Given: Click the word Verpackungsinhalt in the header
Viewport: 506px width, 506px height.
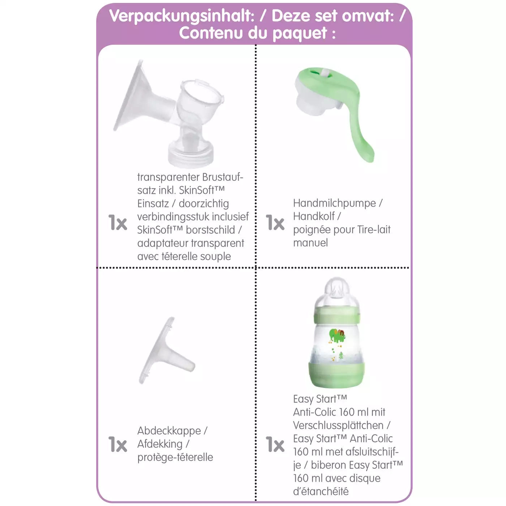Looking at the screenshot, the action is (x=182, y=16).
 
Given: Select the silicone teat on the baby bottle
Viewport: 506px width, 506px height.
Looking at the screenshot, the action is (x=337, y=291).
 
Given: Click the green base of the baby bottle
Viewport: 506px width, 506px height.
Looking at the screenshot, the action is (x=336, y=375).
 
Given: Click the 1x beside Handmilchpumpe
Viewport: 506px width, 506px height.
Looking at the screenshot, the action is (x=275, y=222).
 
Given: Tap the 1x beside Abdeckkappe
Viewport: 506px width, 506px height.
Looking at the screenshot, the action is (x=117, y=444).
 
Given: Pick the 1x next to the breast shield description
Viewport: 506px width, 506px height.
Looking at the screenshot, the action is (x=117, y=222).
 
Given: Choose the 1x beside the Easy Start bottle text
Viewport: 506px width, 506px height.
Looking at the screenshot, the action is (x=275, y=444).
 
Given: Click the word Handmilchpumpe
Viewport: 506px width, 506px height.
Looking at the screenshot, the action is (x=335, y=203).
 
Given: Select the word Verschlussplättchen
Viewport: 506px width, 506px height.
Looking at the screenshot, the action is (x=338, y=425).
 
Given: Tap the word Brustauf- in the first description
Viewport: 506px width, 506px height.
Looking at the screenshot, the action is (x=223, y=177).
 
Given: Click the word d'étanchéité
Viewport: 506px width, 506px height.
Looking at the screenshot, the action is (x=321, y=491).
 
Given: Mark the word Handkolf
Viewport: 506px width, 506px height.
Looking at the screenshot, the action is (x=314, y=216).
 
